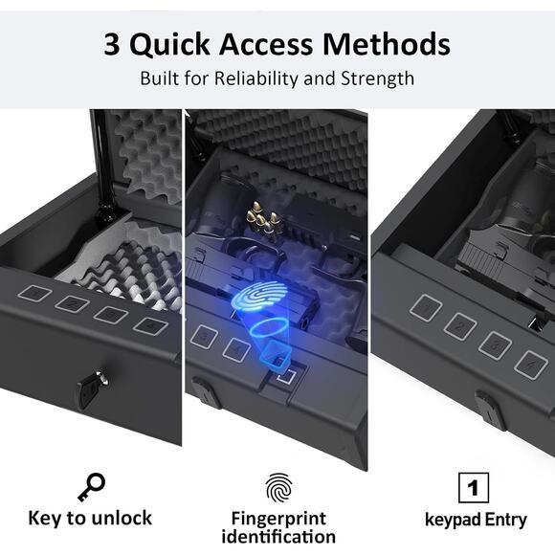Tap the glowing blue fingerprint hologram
coord(260,296)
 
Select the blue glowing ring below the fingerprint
coord(267,327)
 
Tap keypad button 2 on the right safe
coord(459,326)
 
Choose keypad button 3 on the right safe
coord(495,345)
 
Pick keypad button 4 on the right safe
coord(530,365)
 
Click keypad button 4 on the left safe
coord(150,325)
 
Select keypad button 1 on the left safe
coord(34,294)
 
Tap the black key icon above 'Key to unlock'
coord(91,487)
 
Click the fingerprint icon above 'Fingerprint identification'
coord(278,488)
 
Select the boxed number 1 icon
coord(474,488)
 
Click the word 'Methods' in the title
coord(387,44)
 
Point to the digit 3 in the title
coord(112,44)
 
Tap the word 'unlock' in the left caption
coord(122,519)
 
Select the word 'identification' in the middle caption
coord(278,536)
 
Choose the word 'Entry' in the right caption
coord(506,520)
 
